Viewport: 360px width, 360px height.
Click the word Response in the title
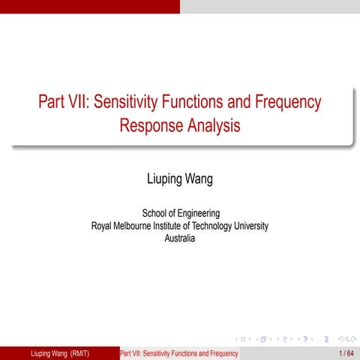tap(151, 125)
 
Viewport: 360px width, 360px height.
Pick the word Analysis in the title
tap(213, 125)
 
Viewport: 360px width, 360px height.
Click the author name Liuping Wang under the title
tap(179, 180)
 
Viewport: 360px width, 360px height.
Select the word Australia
tap(179, 238)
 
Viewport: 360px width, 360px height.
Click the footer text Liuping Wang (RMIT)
tap(58, 353)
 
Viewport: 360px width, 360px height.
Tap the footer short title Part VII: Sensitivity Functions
tap(178, 353)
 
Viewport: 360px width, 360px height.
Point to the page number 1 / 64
tap(346, 353)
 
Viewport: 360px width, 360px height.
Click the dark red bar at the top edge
tap(90, 6)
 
